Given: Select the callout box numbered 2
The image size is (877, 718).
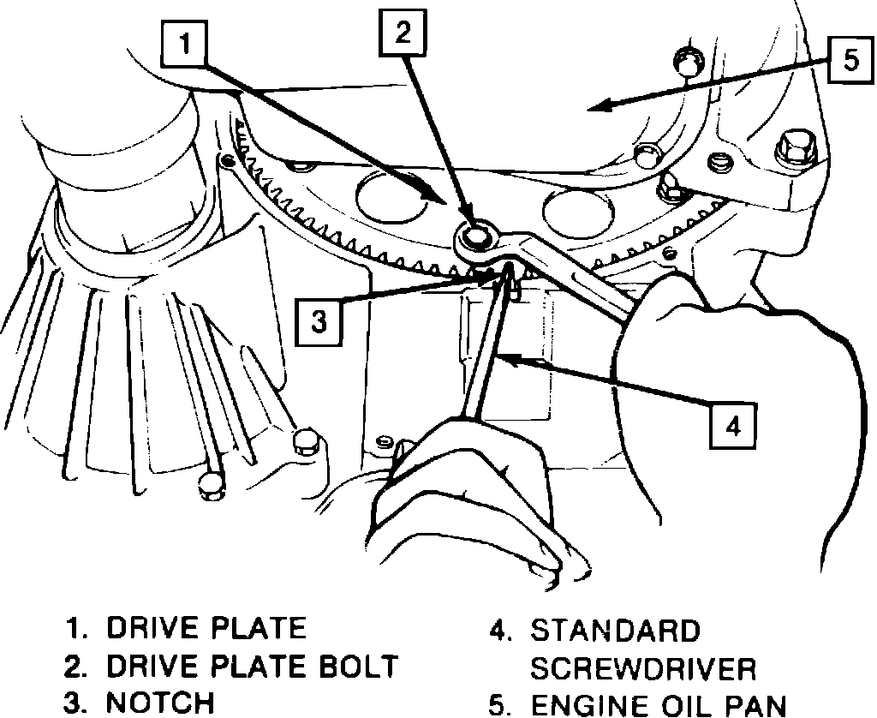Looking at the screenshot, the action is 403,35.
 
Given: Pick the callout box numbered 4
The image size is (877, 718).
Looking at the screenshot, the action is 732,426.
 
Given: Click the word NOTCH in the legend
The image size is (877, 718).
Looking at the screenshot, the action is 160,703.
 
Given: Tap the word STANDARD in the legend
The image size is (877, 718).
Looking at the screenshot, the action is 616,631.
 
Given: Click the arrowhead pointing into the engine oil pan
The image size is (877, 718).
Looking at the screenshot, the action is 603,106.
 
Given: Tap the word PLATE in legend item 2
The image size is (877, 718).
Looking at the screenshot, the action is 254,666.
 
